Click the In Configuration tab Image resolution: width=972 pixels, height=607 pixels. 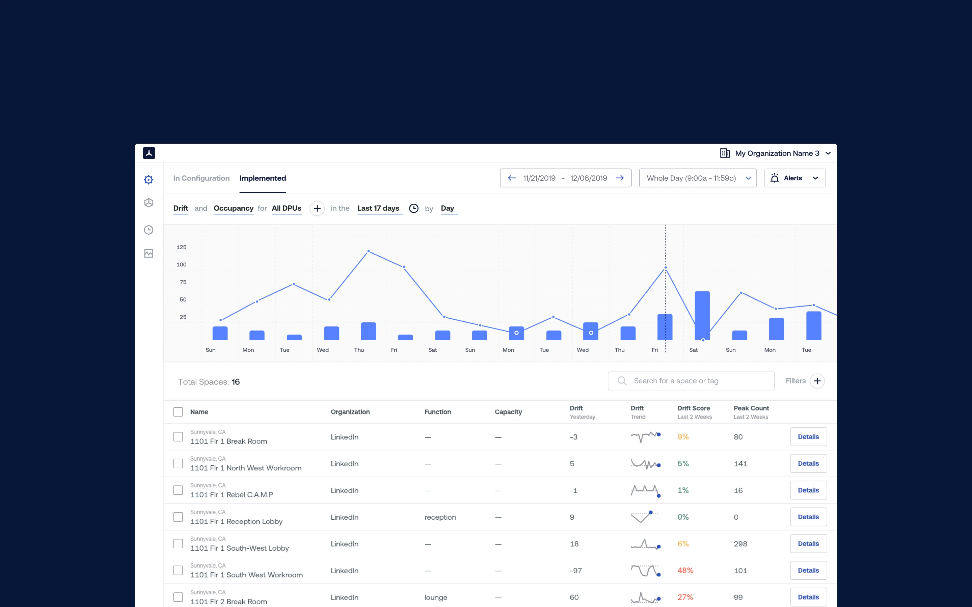tap(201, 178)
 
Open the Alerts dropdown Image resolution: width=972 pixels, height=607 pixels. tap(794, 178)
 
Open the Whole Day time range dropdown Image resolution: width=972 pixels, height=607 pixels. tap(698, 178)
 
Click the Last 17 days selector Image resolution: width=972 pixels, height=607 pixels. tap(378, 208)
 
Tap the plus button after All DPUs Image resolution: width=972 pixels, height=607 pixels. tap(317, 208)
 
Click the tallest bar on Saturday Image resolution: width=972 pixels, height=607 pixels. tap(702, 315)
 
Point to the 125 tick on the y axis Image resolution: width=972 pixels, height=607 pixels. tap(182, 247)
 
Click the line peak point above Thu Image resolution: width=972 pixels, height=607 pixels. tap(368, 251)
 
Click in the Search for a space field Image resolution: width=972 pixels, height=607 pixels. tap(691, 381)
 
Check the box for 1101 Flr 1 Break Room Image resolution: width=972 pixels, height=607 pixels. tap(178, 437)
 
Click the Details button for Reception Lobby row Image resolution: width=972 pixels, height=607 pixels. tap(808, 517)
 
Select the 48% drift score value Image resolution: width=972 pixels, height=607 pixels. tap(685, 571)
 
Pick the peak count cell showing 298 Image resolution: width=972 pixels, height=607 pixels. tap(740, 544)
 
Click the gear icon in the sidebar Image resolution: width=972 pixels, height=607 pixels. tap(148, 179)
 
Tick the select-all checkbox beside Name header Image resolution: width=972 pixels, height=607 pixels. tap(178, 412)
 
